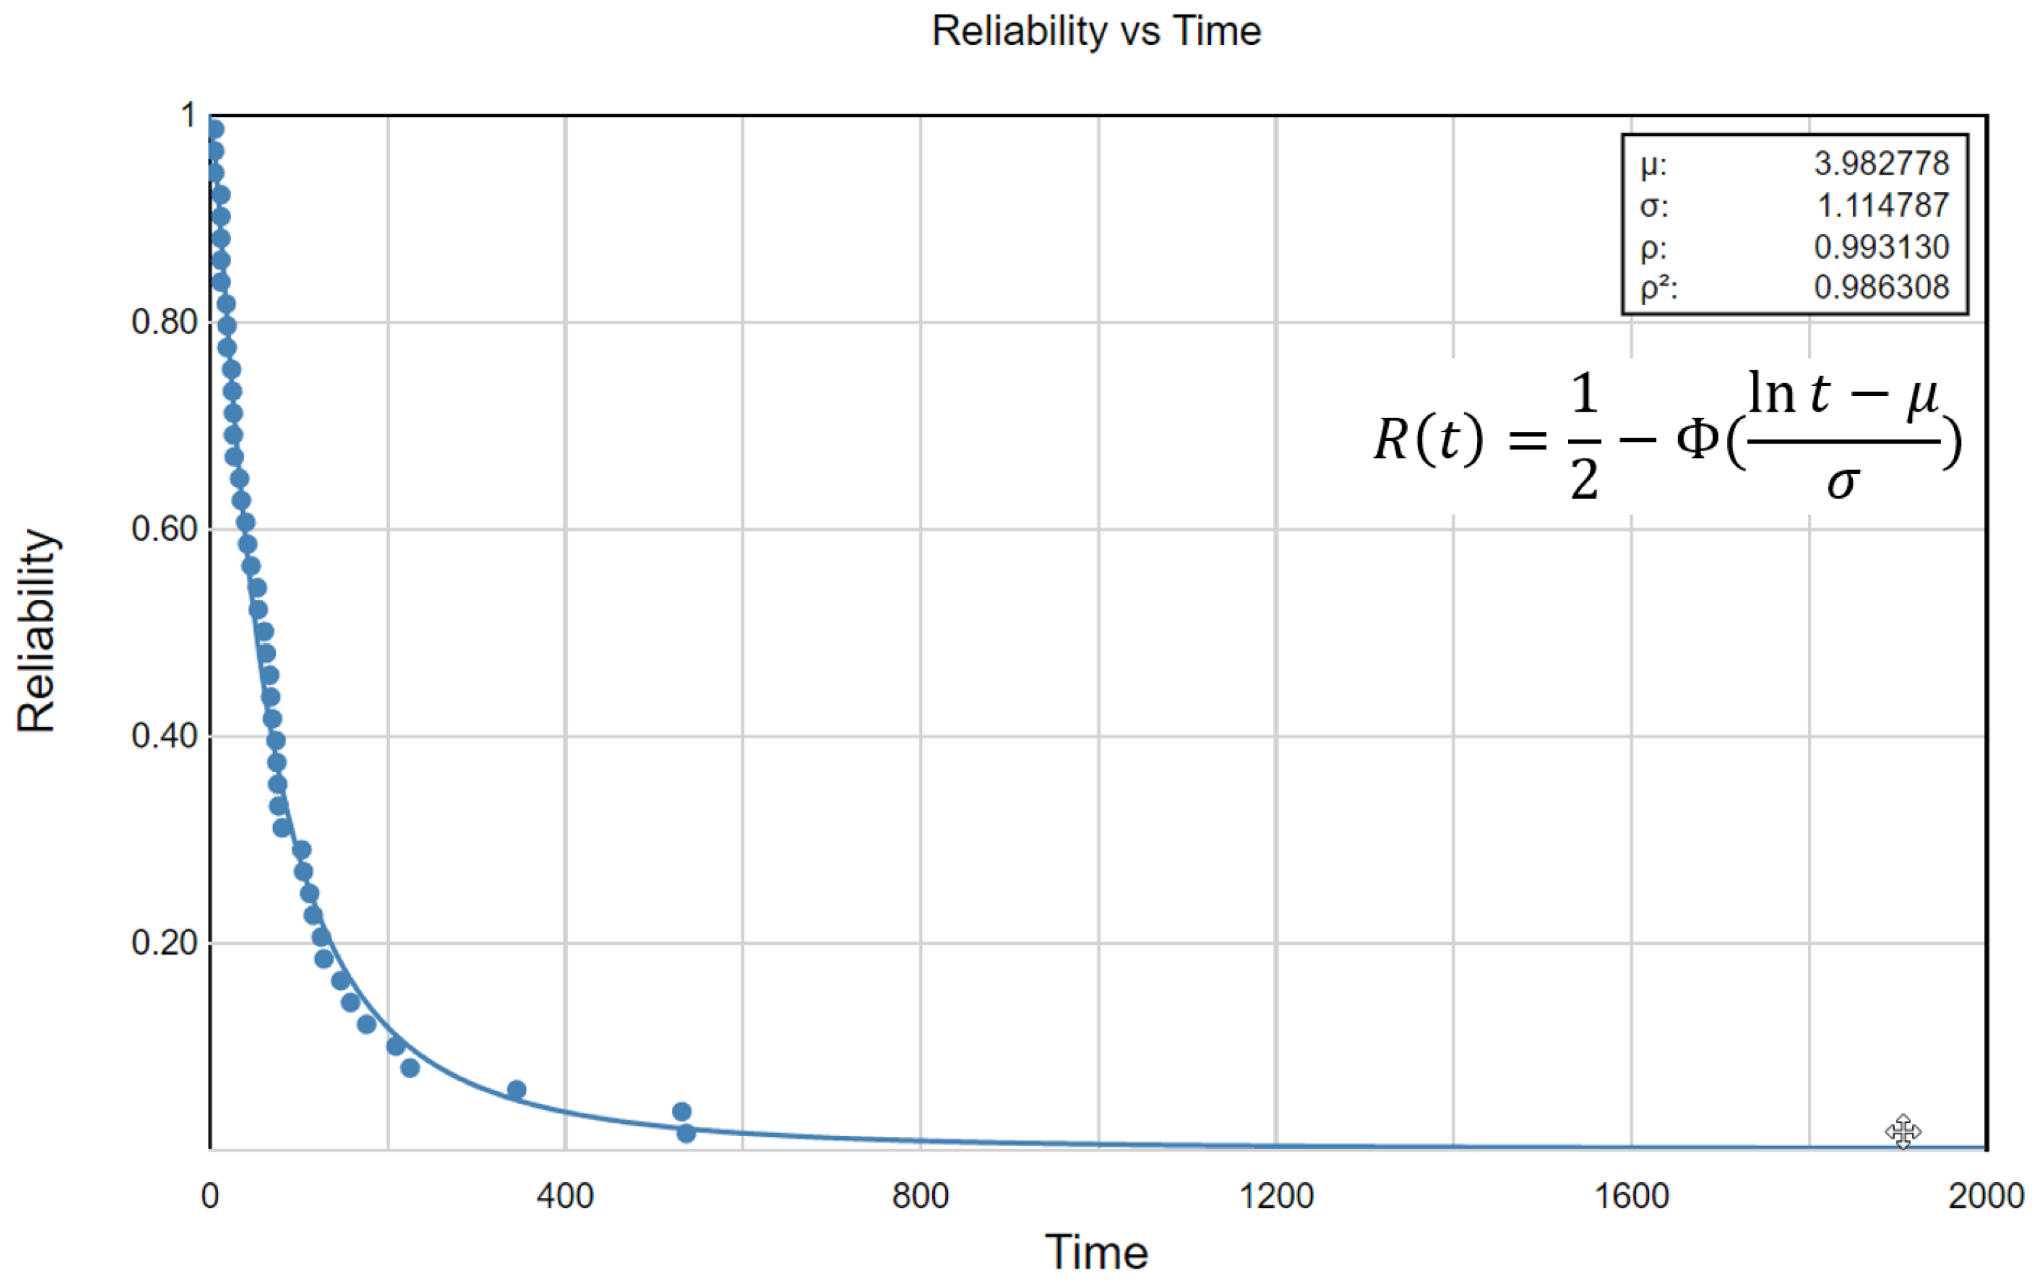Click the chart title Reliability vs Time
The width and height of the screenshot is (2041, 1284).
pos(1095,31)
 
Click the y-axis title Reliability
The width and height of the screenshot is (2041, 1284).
pos(37,630)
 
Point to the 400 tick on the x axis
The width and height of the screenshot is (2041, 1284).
pos(565,1196)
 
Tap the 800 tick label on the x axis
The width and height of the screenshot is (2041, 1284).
pos(920,1196)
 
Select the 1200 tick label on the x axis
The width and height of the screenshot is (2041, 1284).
pos(1276,1196)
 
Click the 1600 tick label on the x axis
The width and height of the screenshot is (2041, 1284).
pos(1631,1196)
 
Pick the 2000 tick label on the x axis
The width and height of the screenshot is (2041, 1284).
pos(1985,1196)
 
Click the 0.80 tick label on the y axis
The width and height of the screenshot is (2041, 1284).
pos(164,322)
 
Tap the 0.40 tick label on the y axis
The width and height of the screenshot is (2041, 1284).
pos(164,736)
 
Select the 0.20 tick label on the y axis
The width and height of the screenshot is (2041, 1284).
pos(164,942)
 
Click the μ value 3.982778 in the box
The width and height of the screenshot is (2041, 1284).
pos(1881,164)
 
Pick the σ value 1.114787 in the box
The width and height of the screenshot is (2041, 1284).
pos(1883,205)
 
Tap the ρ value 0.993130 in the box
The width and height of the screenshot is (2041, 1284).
pos(1881,247)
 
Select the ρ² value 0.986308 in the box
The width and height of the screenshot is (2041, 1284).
pos(1881,287)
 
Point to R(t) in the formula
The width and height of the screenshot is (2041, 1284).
pos(1428,439)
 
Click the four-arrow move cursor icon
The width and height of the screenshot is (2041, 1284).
pos(1903,1131)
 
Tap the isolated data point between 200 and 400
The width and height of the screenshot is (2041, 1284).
pos(516,1090)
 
